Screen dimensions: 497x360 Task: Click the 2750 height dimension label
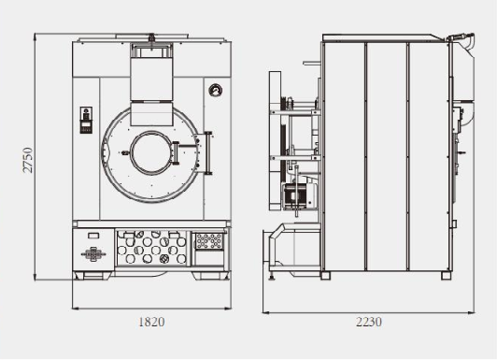28,160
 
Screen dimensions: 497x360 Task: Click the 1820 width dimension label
151,322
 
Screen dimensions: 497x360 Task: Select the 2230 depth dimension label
369,322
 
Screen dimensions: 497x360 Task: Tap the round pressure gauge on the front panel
216,91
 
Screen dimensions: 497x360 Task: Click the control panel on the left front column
86,120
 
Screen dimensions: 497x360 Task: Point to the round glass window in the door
151,152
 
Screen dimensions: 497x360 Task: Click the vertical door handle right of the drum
208,152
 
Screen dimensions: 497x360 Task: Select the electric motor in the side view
299,196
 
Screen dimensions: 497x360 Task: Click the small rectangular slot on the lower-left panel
93,236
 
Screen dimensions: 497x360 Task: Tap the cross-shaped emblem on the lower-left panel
93,254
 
